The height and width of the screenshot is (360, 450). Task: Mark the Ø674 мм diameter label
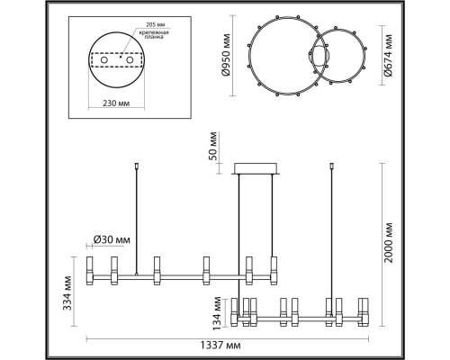[387, 56]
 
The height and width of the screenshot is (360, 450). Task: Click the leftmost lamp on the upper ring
[91, 267]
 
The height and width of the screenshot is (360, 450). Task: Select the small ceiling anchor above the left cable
[135, 166]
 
